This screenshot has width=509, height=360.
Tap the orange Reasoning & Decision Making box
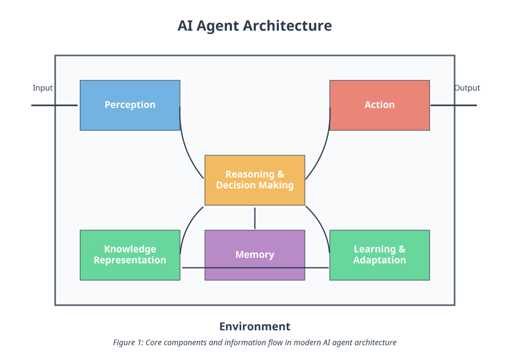click(254, 180)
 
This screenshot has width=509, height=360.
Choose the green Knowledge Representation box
click(130, 254)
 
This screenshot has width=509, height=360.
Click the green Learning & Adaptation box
click(379, 254)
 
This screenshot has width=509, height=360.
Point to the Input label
click(43, 88)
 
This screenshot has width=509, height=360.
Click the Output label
click(467, 88)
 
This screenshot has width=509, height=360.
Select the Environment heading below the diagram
click(254, 326)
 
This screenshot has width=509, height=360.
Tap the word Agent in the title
click(218, 26)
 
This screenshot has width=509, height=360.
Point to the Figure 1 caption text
click(254, 343)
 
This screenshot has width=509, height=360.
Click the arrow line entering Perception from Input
click(55, 105)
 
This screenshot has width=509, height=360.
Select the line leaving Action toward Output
click(453, 105)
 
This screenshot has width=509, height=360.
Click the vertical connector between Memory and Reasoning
click(254, 218)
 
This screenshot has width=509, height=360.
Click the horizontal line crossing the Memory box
click(254, 268)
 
